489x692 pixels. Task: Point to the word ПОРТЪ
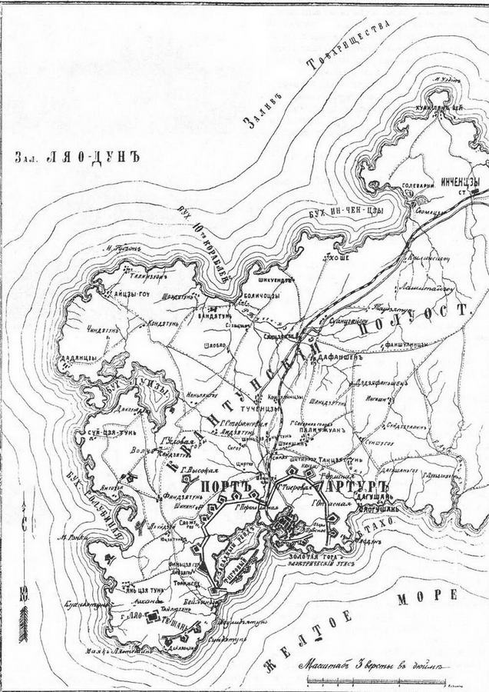[x=224, y=488]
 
